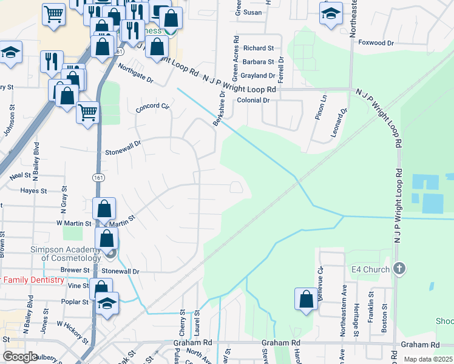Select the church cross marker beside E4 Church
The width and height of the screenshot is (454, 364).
tap(399, 268)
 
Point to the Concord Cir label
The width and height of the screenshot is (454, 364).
tap(152, 106)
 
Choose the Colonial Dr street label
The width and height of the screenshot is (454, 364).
tap(253, 100)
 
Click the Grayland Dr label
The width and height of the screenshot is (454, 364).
tap(258, 76)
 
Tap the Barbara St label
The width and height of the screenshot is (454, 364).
tap(258, 62)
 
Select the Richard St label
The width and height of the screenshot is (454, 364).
tap(259, 48)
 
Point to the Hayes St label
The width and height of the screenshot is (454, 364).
tap(34, 190)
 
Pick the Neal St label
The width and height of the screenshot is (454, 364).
tap(20, 176)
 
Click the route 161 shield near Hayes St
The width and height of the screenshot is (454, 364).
tap(98, 177)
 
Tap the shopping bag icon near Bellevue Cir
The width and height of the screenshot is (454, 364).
tap(306, 298)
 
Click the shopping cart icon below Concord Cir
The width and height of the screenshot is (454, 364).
tap(89, 112)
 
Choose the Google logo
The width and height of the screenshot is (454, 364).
tap(21, 357)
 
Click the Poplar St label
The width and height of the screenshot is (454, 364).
tap(75, 302)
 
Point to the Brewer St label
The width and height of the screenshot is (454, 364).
tap(75, 270)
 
